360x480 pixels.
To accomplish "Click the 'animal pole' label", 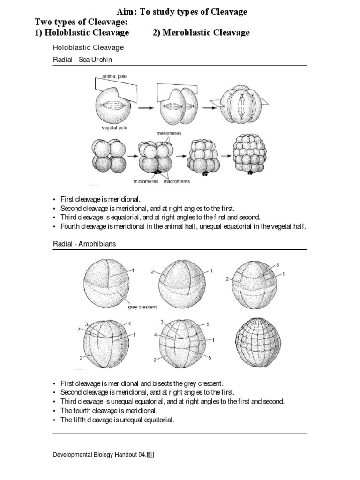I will [114, 76].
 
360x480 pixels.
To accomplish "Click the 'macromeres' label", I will [177, 182].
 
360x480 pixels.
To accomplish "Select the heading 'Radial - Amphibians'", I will [84, 244].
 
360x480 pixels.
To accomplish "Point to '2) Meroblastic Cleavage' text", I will [201, 32].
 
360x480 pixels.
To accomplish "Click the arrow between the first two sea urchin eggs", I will [146, 107].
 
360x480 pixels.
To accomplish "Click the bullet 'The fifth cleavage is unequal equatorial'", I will [117, 420].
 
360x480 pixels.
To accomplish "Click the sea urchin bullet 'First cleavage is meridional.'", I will [100, 199].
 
